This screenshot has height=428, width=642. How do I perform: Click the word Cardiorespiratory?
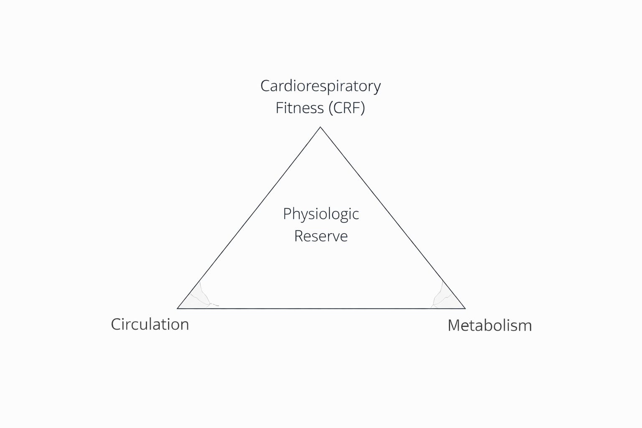pos(320,86)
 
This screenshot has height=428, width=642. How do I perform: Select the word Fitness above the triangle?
pos(300,108)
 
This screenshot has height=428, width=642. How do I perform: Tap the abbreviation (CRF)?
pos(346,108)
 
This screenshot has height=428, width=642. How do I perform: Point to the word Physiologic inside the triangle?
pos(321,214)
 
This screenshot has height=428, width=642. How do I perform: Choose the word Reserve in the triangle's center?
pos(321,236)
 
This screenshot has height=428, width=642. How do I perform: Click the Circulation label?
pos(150,324)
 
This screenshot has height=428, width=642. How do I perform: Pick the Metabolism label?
pos(489,326)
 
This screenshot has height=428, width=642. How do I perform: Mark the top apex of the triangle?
pos(320,127)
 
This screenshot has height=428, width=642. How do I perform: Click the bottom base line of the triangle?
pos(321,308)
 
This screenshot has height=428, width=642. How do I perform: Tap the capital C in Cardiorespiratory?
pos(265,86)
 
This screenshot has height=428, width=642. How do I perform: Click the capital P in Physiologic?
pos(287,214)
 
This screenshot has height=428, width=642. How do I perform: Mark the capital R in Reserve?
pos(298,236)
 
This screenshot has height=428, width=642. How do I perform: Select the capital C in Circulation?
pos(116,324)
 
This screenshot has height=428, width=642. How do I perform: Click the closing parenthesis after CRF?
pos(362,108)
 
